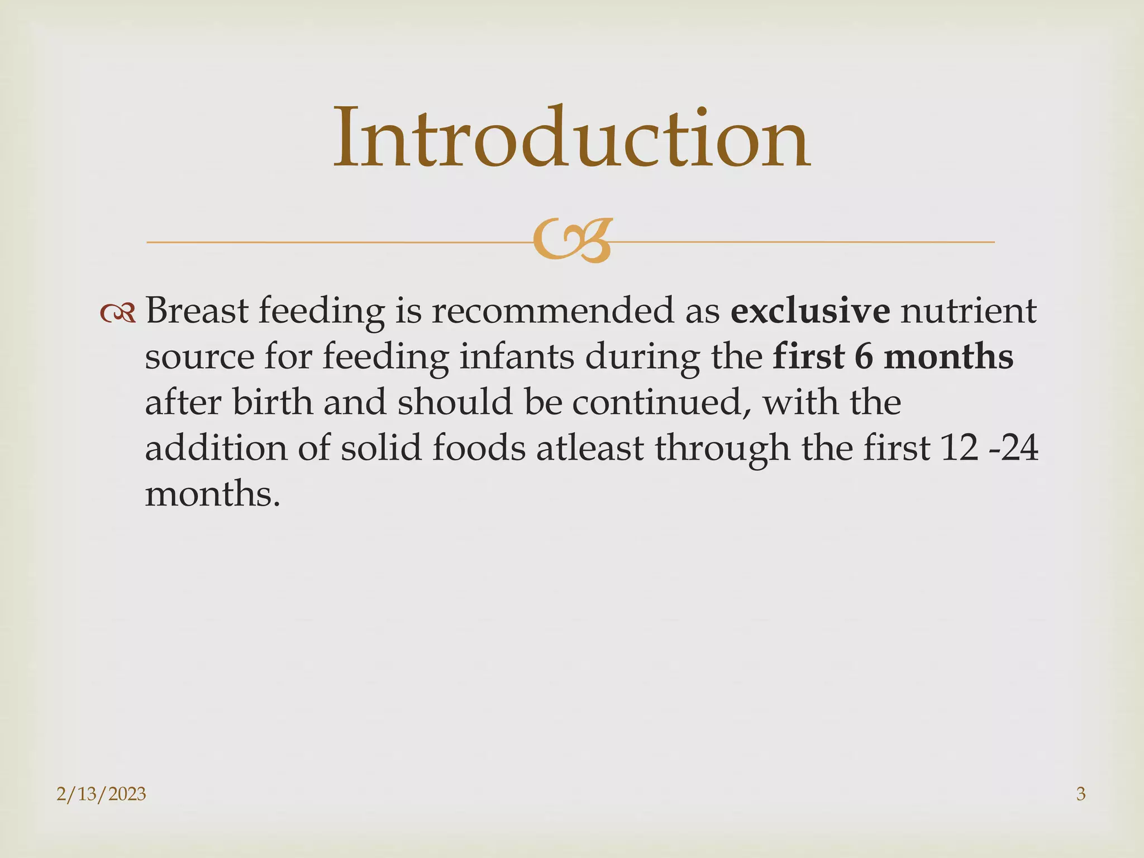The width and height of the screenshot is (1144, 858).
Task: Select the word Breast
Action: (x=197, y=311)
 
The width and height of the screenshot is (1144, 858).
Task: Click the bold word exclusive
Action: (x=810, y=311)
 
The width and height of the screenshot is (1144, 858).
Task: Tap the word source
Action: (x=199, y=357)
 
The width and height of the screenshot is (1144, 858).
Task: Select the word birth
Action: (x=273, y=402)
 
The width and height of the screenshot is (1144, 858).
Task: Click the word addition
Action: (x=216, y=448)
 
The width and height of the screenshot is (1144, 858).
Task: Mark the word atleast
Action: (x=590, y=448)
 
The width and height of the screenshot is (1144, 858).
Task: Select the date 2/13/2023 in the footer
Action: (x=101, y=794)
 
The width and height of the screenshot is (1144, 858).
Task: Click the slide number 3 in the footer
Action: (x=1080, y=794)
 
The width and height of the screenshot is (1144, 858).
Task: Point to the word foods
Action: (x=479, y=448)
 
